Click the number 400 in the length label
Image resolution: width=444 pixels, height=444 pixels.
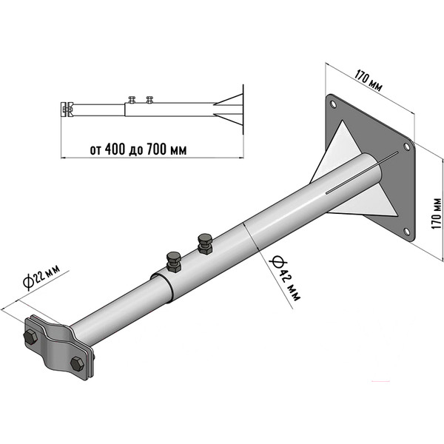(115, 149)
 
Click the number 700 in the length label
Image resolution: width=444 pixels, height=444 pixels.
(156, 149)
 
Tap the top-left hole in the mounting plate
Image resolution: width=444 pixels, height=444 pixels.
(333, 104)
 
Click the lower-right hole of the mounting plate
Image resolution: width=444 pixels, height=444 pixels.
(406, 232)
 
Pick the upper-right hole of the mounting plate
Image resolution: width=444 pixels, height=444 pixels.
(406, 147)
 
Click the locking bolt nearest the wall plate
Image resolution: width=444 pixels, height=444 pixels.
(205, 243)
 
